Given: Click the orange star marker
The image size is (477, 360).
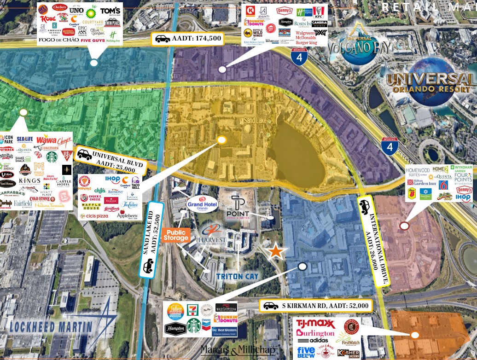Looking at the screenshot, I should coord(275,250).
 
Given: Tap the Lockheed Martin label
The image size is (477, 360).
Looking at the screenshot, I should coord(52,327).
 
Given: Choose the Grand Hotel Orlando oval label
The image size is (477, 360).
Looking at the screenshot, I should coord(203,203).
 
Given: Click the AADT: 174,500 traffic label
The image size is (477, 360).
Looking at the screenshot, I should coord(188,39).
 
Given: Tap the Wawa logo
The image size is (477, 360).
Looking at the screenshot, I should coord(46,139).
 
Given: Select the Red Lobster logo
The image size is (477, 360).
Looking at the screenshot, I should coord(226,307).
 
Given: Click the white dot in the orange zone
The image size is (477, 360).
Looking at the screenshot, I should coord(415,335).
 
